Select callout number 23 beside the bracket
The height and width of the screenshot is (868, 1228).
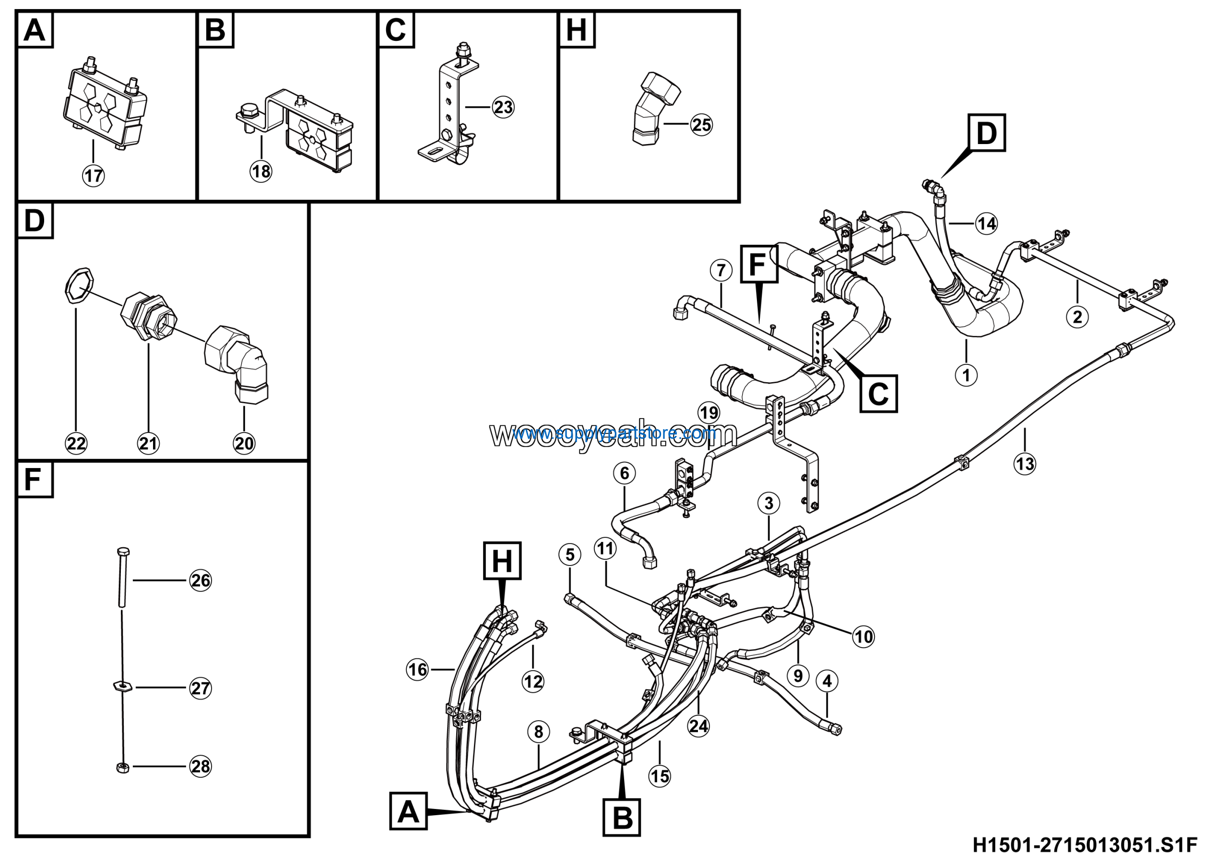(x=503, y=107)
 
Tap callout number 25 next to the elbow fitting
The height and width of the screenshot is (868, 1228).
(x=701, y=125)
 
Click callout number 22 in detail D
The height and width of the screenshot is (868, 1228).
(x=76, y=443)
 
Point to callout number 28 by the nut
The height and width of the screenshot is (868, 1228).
(x=201, y=766)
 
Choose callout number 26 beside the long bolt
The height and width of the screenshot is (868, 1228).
(x=201, y=580)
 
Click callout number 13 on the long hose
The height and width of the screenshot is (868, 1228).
(x=1025, y=463)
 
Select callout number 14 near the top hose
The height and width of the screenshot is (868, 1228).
(x=987, y=223)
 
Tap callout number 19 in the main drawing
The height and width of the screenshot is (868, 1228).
(x=708, y=413)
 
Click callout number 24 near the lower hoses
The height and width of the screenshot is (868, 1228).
(x=698, y=726)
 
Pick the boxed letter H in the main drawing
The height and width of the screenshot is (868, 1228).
(x=502, y=560)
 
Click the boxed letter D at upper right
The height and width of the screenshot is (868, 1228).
(x=987, y=133)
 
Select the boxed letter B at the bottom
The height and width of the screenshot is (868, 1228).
(x=622, y=817)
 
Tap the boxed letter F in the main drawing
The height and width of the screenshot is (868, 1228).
(x=758, y=264)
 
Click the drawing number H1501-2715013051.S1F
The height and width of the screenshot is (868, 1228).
(x=1085, y=845)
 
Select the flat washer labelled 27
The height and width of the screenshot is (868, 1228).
(x=122, y=686)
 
